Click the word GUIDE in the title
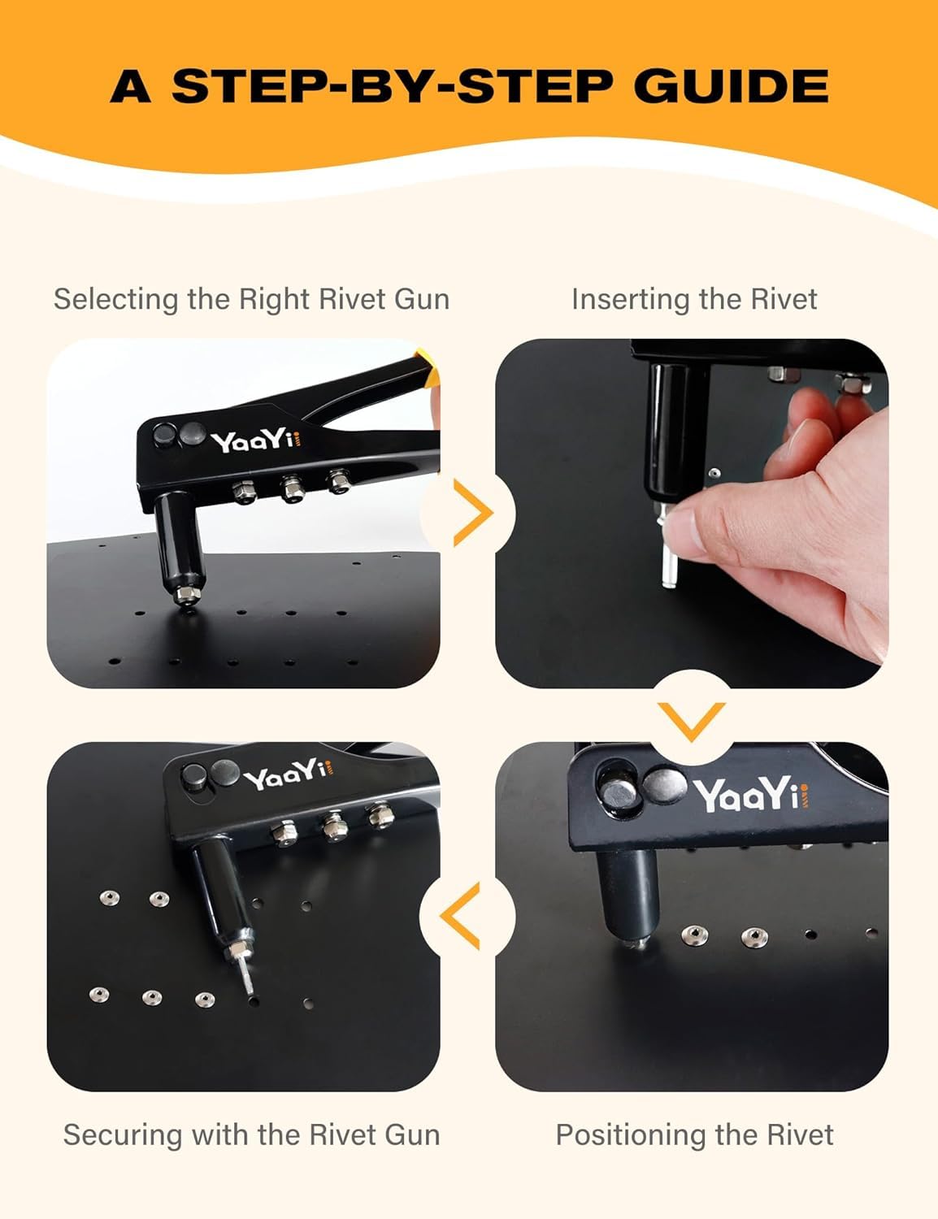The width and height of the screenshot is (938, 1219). coord(731,86)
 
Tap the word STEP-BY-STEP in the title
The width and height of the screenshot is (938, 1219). coord(392,86)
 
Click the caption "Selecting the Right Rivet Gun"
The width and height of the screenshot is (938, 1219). coord(251,299)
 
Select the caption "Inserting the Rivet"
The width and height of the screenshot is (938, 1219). coord(694,299)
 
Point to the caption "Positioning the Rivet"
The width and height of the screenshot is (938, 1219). coord(694,1134)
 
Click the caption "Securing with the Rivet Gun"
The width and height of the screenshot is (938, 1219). coord(251,1134)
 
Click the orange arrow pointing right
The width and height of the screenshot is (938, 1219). coord(472,513)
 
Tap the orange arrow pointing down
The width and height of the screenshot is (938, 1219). coord(692,722)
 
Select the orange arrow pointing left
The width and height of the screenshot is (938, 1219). coord(460,916)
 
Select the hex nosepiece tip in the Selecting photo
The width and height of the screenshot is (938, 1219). coord(185,595)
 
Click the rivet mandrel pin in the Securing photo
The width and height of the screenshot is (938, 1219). coord(247,977)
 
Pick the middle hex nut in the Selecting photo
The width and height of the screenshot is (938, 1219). coord(293,488)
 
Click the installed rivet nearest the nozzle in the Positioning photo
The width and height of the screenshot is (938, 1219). coord(694,935)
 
